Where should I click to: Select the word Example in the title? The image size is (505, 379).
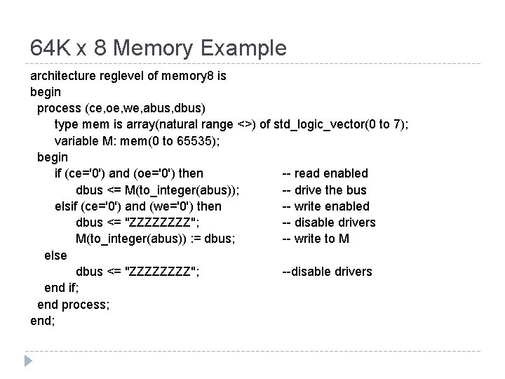pos(243,48)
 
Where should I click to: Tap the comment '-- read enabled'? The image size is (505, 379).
pos(325,173)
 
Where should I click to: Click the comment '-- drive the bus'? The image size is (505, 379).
pos(324,189)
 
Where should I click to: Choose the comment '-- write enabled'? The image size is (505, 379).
pos(325,206)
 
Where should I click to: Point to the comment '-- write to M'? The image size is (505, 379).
pos(316,239)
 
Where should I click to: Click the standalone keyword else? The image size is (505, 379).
pos(55,255)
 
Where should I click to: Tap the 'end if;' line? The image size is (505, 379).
pos(62,288)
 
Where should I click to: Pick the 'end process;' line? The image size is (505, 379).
pos(73,305)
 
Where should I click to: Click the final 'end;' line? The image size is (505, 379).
pos(43,321)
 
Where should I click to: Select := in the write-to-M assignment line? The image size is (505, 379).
pos(185,239)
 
